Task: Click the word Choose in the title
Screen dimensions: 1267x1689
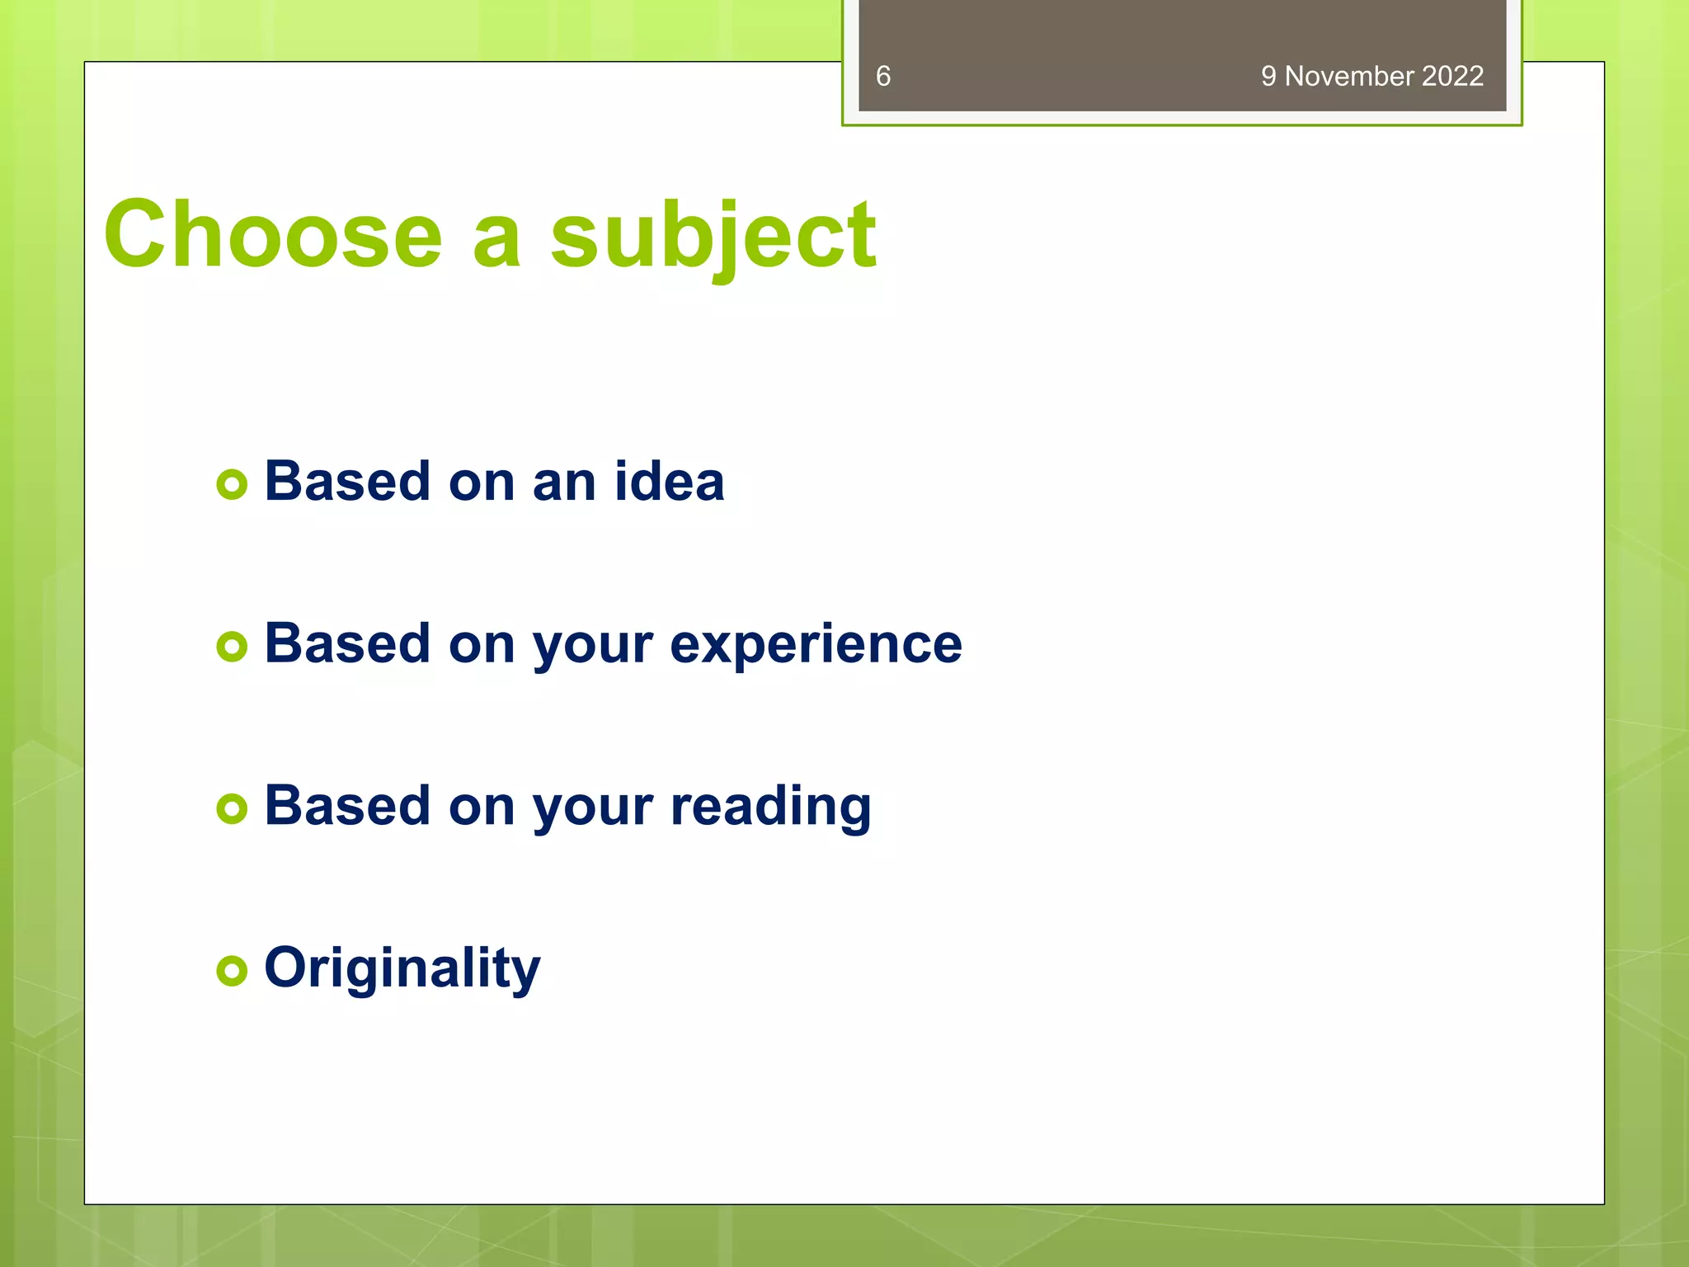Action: point(273,234)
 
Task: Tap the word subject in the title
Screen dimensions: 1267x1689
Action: point(713,238)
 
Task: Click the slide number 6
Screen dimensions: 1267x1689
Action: point(882,77)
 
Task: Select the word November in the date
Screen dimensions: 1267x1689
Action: point(1349,77)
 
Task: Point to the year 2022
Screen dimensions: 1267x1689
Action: point(1452,77)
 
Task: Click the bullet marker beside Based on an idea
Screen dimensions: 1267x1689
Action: point(232,484)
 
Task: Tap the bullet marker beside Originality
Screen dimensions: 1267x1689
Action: point(232,970)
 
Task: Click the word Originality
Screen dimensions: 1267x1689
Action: point(402,968)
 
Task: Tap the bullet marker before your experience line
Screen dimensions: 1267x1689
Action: point(232,647)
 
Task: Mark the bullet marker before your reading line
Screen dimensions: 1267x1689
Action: point(232,808)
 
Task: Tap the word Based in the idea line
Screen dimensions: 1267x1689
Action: point(346,481)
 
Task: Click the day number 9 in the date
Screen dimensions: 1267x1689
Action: point(1268,77)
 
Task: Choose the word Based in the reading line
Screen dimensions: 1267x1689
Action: point(346,806)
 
